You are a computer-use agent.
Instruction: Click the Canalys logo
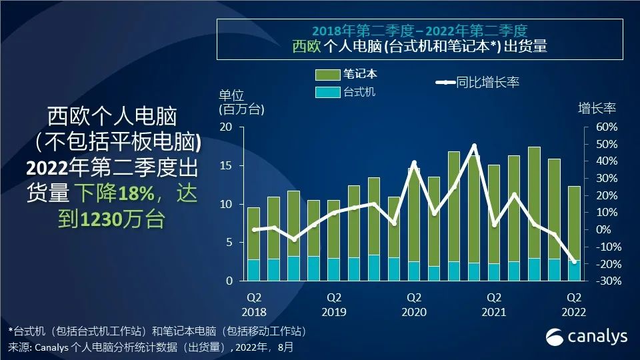coord(587,337)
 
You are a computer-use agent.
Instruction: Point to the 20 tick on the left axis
coord(227,127)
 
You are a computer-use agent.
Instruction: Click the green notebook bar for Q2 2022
coord(574,223)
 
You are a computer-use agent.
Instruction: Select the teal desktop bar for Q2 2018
coord(254,270)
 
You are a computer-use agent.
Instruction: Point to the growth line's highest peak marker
coord(474,146)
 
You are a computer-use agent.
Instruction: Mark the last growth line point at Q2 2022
coord(574,261)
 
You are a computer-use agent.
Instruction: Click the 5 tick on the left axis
coord(229,243)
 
